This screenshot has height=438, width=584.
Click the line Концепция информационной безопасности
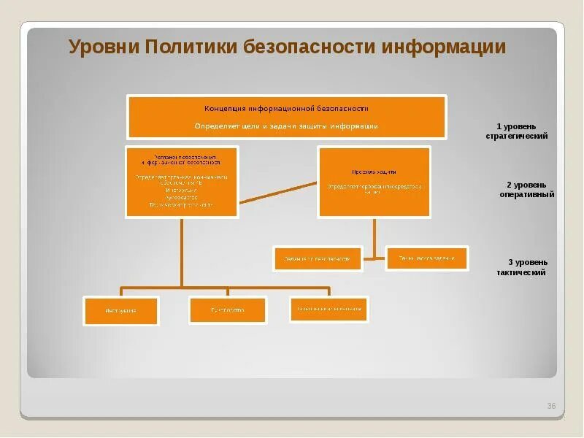(286, 108)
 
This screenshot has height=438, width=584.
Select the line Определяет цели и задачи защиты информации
(286, 126)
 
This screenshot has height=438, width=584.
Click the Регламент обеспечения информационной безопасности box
(182, 182)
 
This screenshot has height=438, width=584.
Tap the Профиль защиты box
(374, 181)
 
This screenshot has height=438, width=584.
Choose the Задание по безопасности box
(318, 258)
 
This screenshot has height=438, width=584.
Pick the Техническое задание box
(426, 258)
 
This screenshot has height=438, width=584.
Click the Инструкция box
(120, 310)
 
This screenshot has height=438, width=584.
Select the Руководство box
(227, 310)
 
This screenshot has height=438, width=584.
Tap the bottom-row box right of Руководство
(328, 309)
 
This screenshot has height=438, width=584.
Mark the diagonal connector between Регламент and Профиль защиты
(278, 191)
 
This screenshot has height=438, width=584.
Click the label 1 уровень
(517, 126)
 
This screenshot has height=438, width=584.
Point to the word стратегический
(517, 136)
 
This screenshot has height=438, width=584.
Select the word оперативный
(527, 195)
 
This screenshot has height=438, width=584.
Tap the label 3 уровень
(528, 262)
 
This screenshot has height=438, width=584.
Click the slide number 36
(551, 406)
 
